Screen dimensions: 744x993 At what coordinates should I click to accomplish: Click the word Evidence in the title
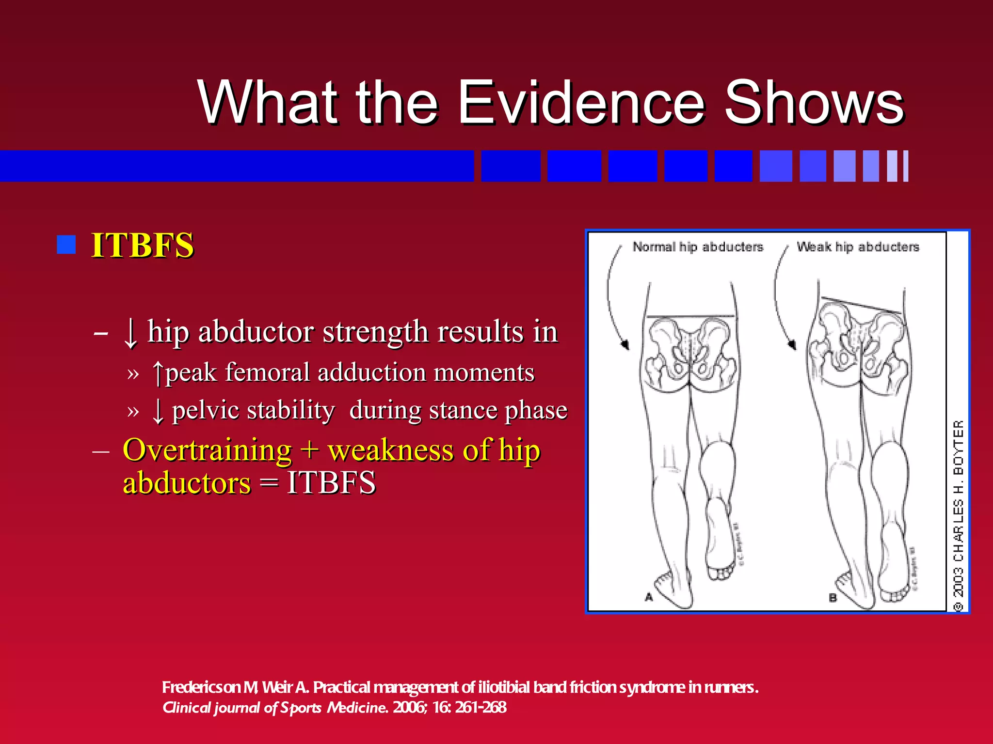pyautogui.click(x=581, y=103)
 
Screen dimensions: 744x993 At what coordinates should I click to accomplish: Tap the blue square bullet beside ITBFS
pyautogui.click(x=66, y=245)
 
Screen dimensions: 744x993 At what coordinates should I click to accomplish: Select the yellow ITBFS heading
pyautogui.click(x=143, y=245)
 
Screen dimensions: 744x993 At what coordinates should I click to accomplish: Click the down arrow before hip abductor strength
pyautogui.click(x=130, y=333)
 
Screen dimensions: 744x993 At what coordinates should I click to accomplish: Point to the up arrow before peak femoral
pyautogui.click(x=158, y=373)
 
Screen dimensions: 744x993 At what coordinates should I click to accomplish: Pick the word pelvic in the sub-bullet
pyautogui.click(x=204, y=410)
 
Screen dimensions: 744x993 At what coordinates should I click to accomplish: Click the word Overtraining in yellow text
pyautogui.click(x=207, y=450)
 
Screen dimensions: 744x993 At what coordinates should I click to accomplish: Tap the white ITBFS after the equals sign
pyautogui.click(x=331, y=482)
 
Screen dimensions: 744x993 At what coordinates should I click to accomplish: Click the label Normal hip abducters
pyautogui.click(x=698, y=247)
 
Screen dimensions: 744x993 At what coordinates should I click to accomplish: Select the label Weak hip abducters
pyautogui.click(x=858, y=247)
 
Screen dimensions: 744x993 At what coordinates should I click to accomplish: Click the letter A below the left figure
pyautogui.click(x=649, y=597)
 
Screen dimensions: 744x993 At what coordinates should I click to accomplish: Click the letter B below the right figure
pyautogui.click(x=833, y=598)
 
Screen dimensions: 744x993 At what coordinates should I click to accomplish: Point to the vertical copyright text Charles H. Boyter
pyautogui.click(x=958, y=516)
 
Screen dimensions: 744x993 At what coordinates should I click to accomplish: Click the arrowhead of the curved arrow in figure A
pyautogui.click(x=625, y=344)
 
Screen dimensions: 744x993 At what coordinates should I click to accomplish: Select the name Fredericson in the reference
pyautogui.click(x=201, y=687)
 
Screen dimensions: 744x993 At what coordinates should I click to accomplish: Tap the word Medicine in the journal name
pyautogui.click(x=357, y=708)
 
